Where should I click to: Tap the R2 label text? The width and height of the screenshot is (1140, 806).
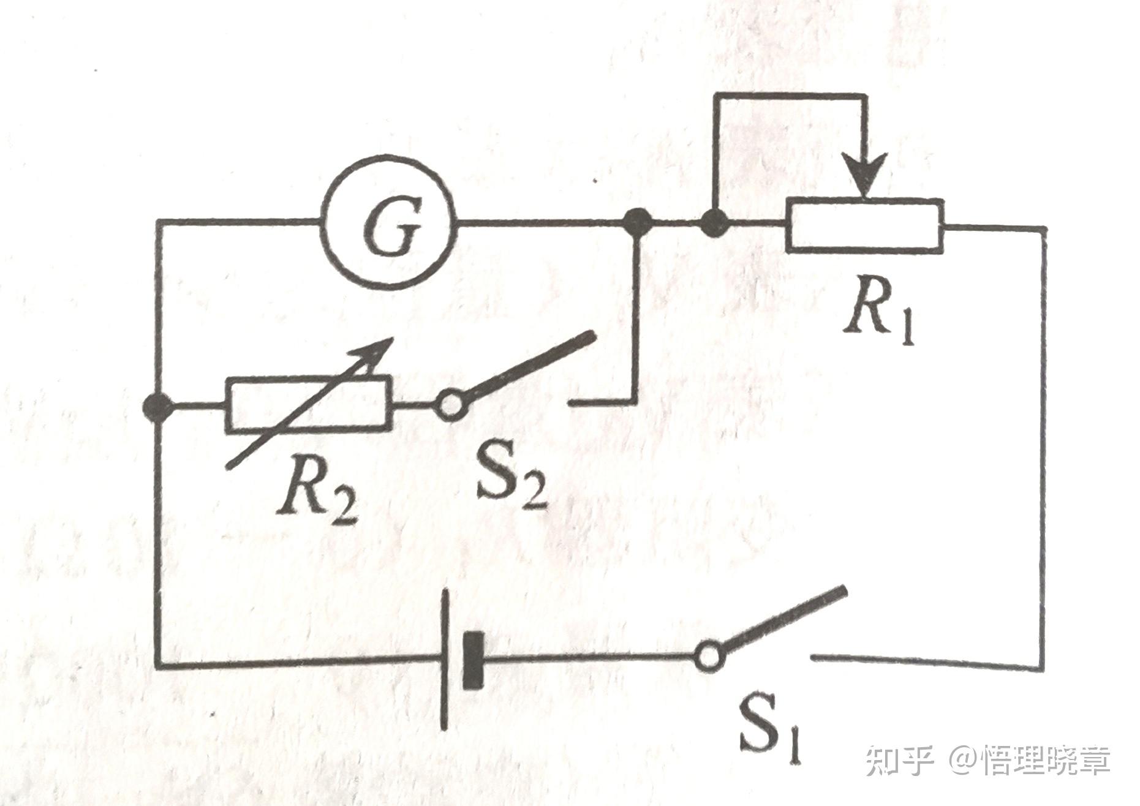point(315,496)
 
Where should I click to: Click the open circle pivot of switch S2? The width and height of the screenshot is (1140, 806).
point(451,405)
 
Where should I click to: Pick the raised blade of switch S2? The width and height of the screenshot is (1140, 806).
point(530,366)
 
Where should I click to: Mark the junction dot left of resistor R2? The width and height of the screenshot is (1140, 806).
point(157,405)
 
